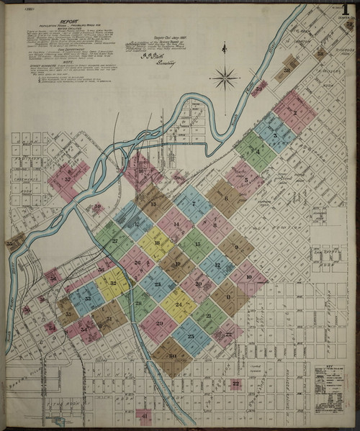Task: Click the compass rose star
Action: tap(225, 77)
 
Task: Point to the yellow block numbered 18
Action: tap(156, 244)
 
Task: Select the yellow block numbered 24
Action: tap(179, 304)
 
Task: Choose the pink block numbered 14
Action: tap(175, 224)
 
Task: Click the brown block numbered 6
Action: tap(225, 198)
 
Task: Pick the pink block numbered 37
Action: tap(68, 180)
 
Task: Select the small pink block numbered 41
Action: tap(144, 417)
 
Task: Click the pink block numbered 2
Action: tap(294, 112)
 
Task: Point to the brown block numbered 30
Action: tap(172, 355)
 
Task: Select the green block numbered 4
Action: tap(256, 150)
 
